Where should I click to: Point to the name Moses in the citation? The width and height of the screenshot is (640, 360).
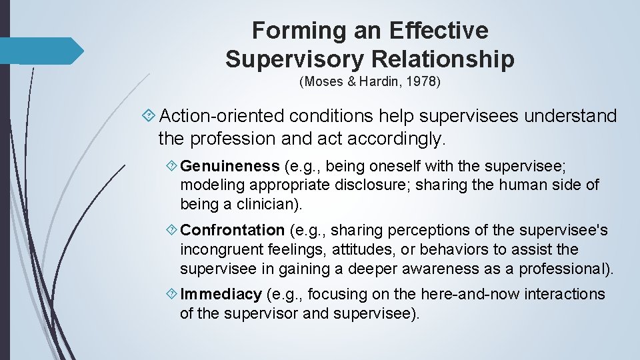click(x=324, y=83)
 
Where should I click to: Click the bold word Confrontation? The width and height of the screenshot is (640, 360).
click(x=233, y=230)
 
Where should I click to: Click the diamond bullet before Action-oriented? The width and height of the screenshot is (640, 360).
click(x=149, y=117)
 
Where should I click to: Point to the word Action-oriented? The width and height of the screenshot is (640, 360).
click(x=224, y=117)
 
